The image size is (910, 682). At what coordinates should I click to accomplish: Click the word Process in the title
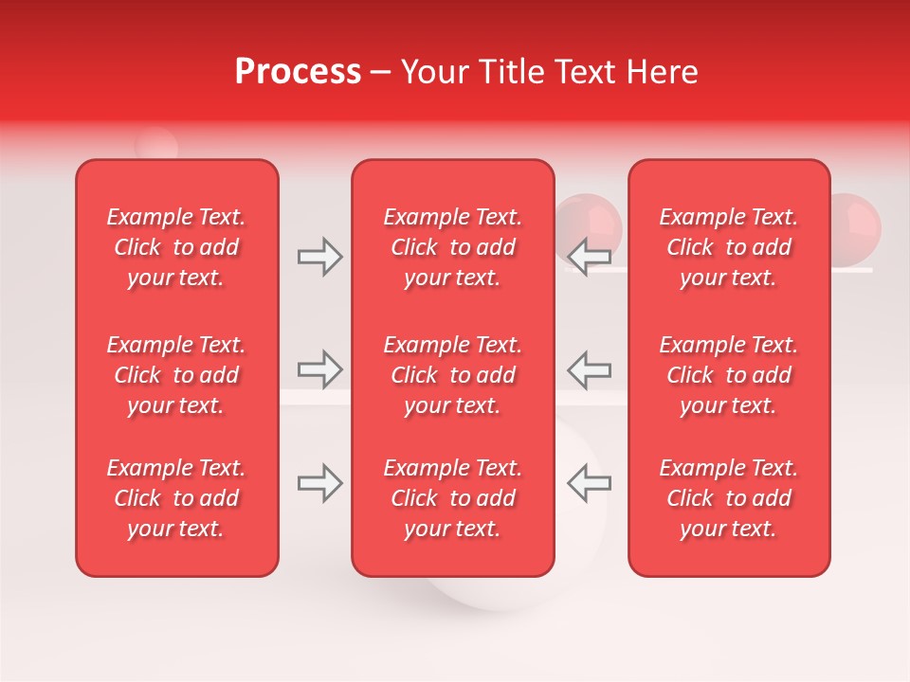298,72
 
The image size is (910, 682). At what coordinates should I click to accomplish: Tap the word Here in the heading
663,72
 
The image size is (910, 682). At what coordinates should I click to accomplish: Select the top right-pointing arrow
319,257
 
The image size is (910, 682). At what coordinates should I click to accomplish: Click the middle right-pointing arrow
319,368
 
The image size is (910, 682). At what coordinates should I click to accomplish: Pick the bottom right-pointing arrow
319,483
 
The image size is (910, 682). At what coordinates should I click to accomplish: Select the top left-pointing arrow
590,257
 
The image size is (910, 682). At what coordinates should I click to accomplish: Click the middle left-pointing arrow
590,368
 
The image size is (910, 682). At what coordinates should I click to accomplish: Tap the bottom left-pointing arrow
590,483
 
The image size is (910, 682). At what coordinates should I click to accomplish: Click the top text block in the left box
176,247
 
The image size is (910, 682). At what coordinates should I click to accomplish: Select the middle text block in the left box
176,375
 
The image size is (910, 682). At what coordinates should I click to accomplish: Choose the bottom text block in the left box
176,498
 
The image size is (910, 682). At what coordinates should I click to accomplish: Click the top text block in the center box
453,247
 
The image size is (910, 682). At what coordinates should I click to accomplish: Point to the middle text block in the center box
453,375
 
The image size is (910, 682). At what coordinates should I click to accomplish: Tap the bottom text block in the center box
453,498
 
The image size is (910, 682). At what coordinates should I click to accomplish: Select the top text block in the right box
729,247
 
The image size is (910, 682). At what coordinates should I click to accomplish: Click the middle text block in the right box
729,375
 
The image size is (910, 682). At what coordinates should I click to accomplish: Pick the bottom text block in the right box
729,498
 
